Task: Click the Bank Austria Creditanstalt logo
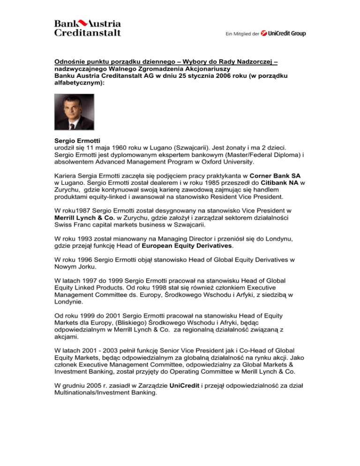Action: (x=88, y=28)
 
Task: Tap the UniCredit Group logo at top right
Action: (x=285, y=33)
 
